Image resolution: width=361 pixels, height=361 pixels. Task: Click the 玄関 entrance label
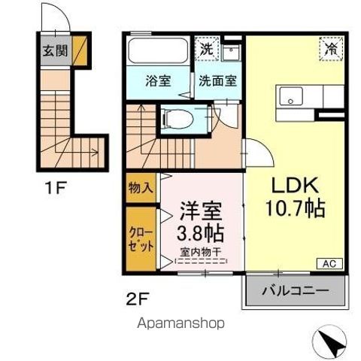(x=53, y=52)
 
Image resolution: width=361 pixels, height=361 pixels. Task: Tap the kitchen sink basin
(x=290, y=97)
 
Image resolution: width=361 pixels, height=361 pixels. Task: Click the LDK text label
(x=295, y=185)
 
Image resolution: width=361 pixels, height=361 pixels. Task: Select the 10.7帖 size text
(x=296, y=209)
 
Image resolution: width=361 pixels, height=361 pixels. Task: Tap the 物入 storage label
(x=140, y=187)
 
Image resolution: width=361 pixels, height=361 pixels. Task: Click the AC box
(x=329, y=262)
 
